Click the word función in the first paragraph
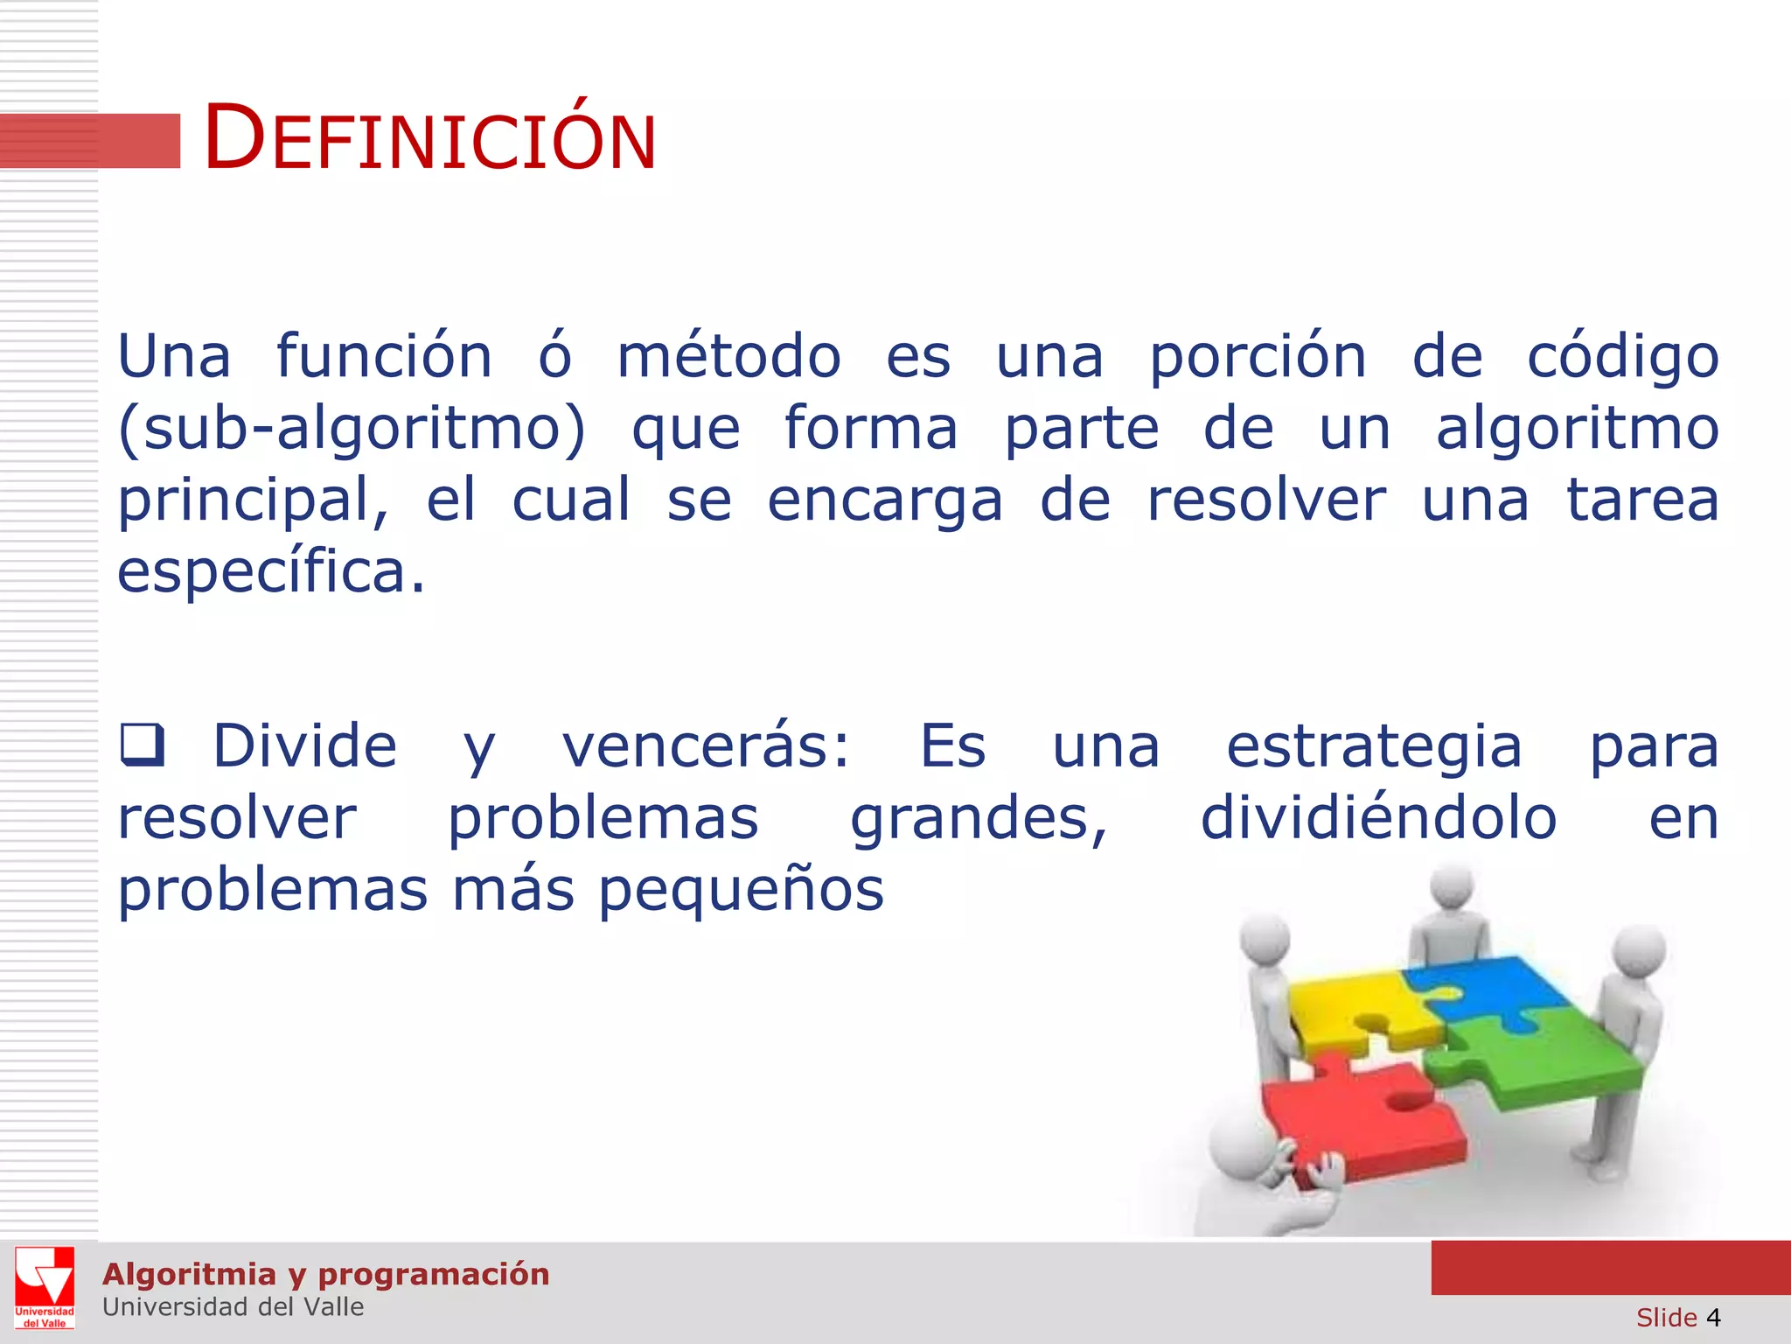384,357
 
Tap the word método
728,357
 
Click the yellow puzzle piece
1355,1011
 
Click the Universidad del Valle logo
45,1287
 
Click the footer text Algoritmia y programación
325,1274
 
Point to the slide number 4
1712,1318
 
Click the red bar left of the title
90,140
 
